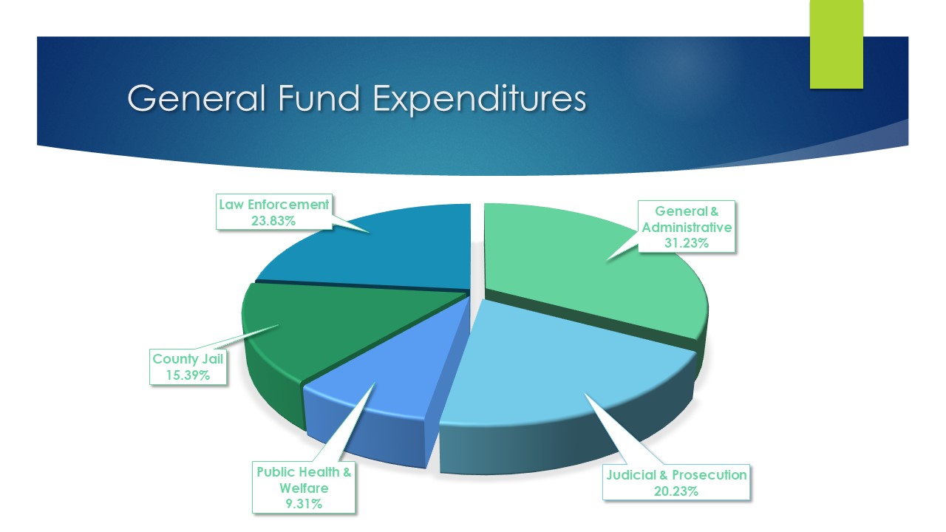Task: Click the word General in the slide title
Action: click(197, 98)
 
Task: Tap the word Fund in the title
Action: click(319, 98)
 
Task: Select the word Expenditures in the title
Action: click(480, 100)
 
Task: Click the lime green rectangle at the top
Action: click(836, 44)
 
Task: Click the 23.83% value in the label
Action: click(273, 221)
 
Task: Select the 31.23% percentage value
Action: click(687, 243)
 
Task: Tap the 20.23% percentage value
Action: click(676, 491)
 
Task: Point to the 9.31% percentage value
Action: click(304, 504)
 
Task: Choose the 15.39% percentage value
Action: click(188, 375)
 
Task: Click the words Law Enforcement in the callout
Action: click(273, 205)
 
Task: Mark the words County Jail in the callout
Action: click(188, 359)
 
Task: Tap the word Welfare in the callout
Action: click(304, 488)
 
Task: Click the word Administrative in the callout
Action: click(687, 227)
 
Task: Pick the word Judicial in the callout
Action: click(631, 475)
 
